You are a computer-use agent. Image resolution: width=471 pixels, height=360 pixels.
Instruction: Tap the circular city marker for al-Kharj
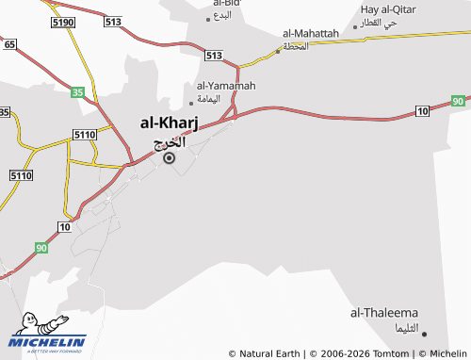coord(170,158)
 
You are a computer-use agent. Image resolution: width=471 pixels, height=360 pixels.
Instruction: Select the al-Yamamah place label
coord(226,85)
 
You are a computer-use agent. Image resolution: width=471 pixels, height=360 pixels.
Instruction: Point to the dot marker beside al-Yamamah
coord(192,103)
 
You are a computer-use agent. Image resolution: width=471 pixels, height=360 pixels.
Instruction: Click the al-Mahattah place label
coord(310,33)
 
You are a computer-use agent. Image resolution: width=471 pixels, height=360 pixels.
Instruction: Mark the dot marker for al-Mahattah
coord(278,51)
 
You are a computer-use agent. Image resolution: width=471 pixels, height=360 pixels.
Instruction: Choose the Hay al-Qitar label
coord(388,9)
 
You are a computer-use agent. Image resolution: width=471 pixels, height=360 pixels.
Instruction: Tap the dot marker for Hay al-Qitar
coord(355,27)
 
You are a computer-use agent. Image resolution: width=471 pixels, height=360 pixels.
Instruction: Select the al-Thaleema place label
coord(385,312)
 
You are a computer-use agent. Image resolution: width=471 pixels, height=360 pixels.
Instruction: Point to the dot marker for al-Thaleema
coord(424,333)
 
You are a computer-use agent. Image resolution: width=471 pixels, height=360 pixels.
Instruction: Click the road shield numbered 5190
coord(64,21)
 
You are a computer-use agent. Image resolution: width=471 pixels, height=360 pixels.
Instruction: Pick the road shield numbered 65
coord(9,44)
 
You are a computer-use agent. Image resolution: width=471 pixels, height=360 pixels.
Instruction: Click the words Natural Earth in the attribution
coord(269,353)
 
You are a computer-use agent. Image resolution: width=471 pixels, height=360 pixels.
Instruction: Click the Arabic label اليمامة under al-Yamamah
coord(208,98)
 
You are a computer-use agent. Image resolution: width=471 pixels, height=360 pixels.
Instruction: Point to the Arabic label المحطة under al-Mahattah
coord(295,46)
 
